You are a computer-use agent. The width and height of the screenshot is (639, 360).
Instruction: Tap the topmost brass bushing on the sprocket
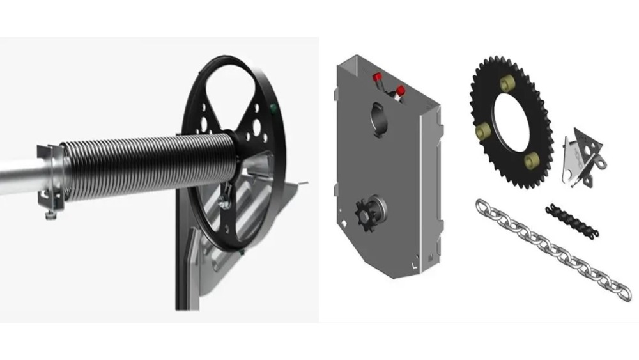508,82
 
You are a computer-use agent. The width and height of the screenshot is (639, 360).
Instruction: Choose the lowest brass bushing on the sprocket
532,161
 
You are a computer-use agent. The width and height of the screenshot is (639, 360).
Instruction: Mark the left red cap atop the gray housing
377,77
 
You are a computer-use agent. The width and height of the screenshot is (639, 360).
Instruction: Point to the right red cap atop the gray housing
401,90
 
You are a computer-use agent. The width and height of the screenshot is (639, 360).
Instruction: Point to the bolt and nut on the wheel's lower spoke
226,203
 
